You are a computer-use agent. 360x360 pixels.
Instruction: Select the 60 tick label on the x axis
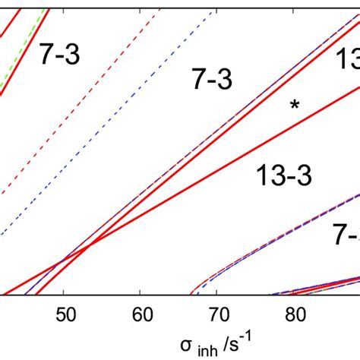(x=141, y=312)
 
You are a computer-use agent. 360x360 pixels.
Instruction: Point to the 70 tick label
(x=217, y=312)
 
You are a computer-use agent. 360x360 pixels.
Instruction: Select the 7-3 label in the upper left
(x=59, y=54)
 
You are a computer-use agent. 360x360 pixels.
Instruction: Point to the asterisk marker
(x=295, y=106)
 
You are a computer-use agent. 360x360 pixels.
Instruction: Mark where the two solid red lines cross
(x=89, y=245)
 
